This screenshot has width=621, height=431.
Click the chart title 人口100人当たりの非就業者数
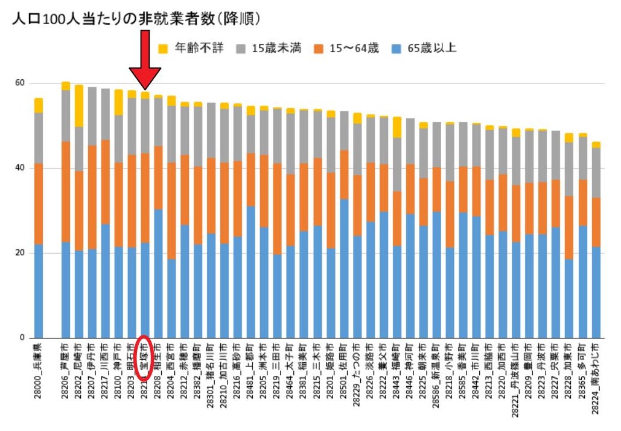[x=115, y=19]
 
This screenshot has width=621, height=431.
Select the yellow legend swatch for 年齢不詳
[x=162, y=48]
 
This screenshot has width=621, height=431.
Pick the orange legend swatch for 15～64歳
[x=318, y=48]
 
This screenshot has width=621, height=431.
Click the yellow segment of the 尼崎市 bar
[x=78, y=106]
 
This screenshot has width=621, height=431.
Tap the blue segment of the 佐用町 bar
[x=344, y=268]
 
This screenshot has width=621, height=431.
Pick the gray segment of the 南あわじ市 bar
[x=596, y=173]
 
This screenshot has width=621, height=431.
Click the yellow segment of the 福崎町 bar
[x=396, y=127]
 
